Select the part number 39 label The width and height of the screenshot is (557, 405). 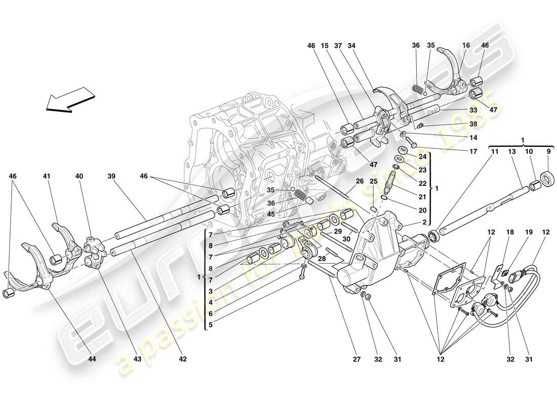[111, 176]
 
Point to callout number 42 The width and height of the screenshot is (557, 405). [183, 359]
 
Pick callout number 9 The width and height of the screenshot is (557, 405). [548, 151]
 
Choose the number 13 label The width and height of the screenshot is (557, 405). [513, 151]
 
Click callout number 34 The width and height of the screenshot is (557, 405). [351, 46]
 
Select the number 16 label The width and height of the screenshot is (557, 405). [466, 46]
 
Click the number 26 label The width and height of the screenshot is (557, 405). [359, 182]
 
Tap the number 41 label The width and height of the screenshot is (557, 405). [47, 176]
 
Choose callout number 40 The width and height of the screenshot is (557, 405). [79, 176]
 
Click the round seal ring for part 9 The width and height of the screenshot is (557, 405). [548, 178]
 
